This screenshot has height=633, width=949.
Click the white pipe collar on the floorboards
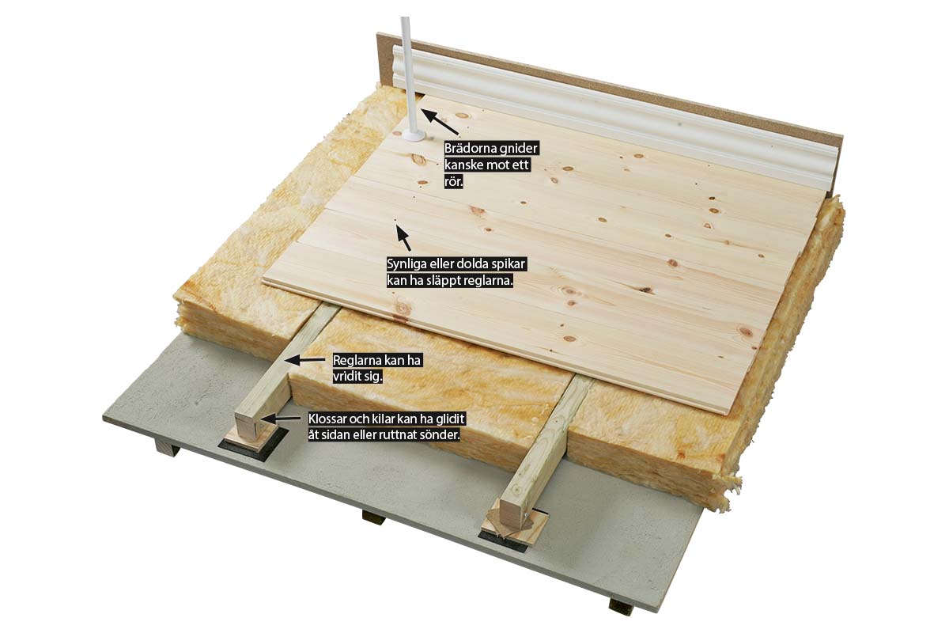[x=412, y=135]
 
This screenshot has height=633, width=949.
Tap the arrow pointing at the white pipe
[x=440, y=122]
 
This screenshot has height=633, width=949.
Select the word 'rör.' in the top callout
[x=454, y=182]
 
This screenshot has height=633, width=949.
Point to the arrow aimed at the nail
[x=403, y=237]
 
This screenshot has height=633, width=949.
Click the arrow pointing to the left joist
[x=304, y=360]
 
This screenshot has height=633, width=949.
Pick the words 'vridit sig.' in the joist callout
[x=358, y=377]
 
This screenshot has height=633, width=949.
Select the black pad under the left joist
[x=253, y=445]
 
